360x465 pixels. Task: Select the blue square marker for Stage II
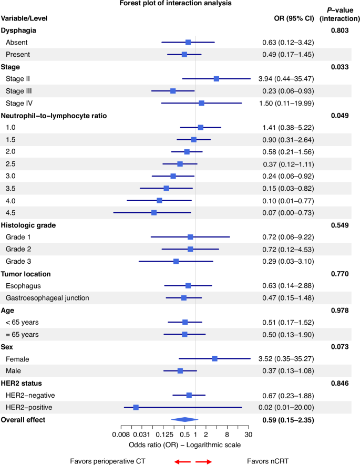tap(217, 79)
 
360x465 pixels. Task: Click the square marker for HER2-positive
tap(136, 407)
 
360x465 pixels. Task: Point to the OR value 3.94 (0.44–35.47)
tap(286, 79)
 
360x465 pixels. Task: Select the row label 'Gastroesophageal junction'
tap(47, 298)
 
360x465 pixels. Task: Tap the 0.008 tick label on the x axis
tap(121, 435)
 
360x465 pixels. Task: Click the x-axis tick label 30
tap(249, 435)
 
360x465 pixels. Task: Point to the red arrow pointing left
tap(182, 461)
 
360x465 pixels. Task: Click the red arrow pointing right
tap(203, 461)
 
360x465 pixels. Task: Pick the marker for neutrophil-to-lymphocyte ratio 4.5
tap(154, 212)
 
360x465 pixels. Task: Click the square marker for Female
tap(214, 358)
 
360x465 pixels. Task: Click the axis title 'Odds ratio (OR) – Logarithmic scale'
tap(184, 445)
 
